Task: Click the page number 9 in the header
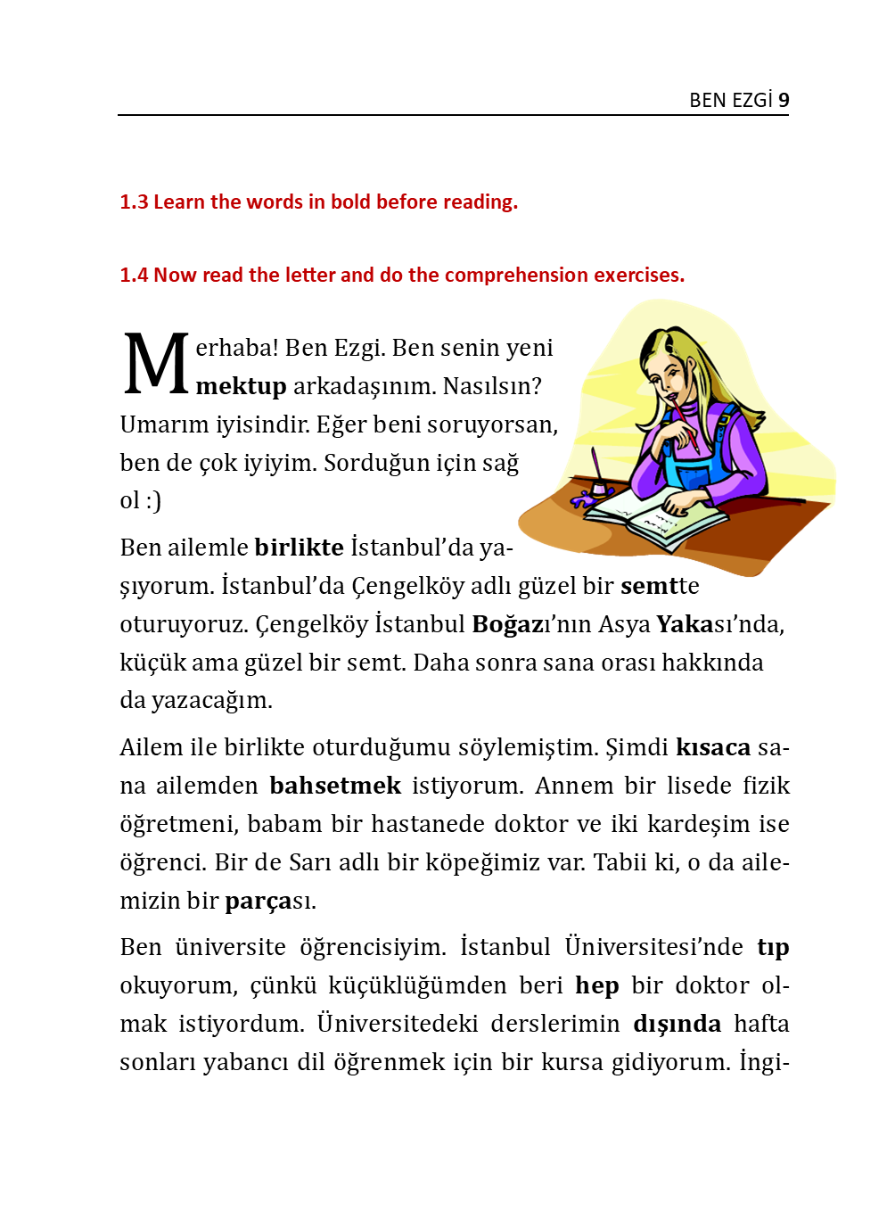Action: (x=784, y=100)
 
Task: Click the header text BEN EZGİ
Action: (x=730, y=100)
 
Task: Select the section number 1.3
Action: (x=134, y=202)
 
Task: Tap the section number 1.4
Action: (x=134, y=276)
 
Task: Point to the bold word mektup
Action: (x=241, y=387)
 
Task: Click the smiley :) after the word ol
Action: (x=153, y=500)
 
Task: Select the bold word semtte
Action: (x=660, y=586)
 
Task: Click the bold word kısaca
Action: (x=713, y=747)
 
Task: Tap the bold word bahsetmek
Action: (x=335, y=786)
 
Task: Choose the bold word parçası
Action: (x=270, y=901)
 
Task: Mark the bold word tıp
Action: (x=773, y=947)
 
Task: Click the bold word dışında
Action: (x=677, y=1024)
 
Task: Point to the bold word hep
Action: (x=596, y=985)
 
